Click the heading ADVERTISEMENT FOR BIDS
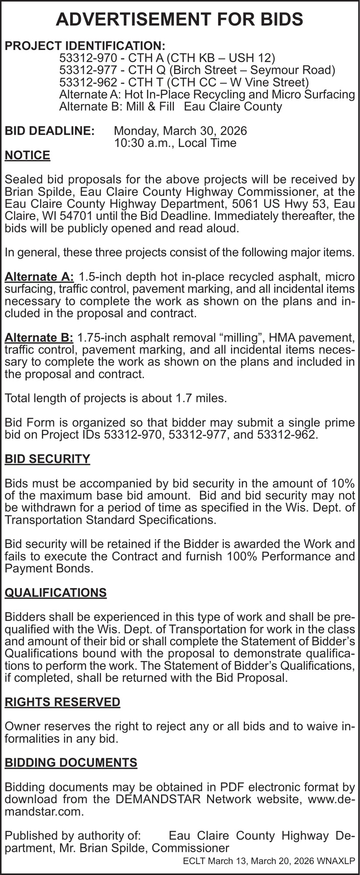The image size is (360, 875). pos(180,20)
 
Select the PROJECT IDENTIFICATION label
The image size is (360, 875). pos(85,45)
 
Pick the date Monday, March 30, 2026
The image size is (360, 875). pos(180,131)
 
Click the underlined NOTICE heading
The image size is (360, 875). pos(27,155)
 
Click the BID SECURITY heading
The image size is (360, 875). pos(47,459)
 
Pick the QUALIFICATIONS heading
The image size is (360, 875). pos(56,593)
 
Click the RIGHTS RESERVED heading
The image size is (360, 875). pos(62,702)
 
